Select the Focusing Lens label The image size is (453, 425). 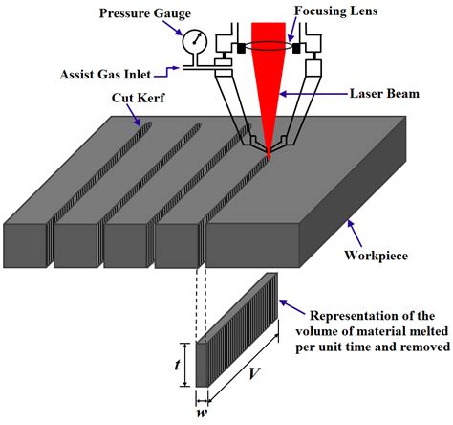tap(333, 11)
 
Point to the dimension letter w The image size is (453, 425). tap(203, 414)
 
